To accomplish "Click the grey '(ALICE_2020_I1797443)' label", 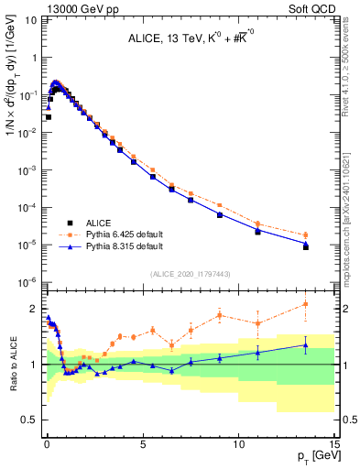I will [x=190, y=275].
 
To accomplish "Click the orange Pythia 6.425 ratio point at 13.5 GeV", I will [x=306, y=304].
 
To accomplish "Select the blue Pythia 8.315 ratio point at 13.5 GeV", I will [x=306, y=345].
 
